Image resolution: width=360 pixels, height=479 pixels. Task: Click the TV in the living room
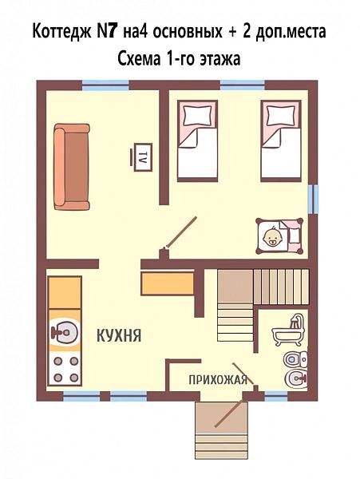(x=141, y=157)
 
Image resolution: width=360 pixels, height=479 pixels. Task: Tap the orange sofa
(x=72, y=167)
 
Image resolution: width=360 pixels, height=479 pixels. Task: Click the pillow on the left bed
(x=199, y=115)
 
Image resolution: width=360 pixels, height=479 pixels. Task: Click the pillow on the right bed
(x=281, y=115)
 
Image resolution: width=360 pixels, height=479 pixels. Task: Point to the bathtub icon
(x=288, y=331)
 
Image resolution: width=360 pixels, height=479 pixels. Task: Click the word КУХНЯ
(x=119, y=335)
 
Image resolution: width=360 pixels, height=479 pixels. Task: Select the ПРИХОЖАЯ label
(x=218, y=380)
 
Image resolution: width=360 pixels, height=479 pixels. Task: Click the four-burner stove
(x=65, y=370)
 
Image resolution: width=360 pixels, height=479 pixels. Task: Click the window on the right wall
(x=314, y=199)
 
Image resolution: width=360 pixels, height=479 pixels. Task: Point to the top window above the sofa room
(x=105, y=85)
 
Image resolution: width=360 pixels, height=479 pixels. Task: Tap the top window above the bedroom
(x=243, y=85)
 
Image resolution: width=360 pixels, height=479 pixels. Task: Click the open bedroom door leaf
(x=180, y=232)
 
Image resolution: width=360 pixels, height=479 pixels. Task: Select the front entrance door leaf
(x=230, y=414)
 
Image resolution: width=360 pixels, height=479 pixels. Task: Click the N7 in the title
(x=107, y=31)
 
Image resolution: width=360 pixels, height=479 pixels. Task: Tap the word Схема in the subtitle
(x=139, y=58)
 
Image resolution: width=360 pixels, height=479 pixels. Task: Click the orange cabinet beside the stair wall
(x=168, y=283)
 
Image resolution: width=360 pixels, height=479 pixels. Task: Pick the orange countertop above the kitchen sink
(x=65, y=293)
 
